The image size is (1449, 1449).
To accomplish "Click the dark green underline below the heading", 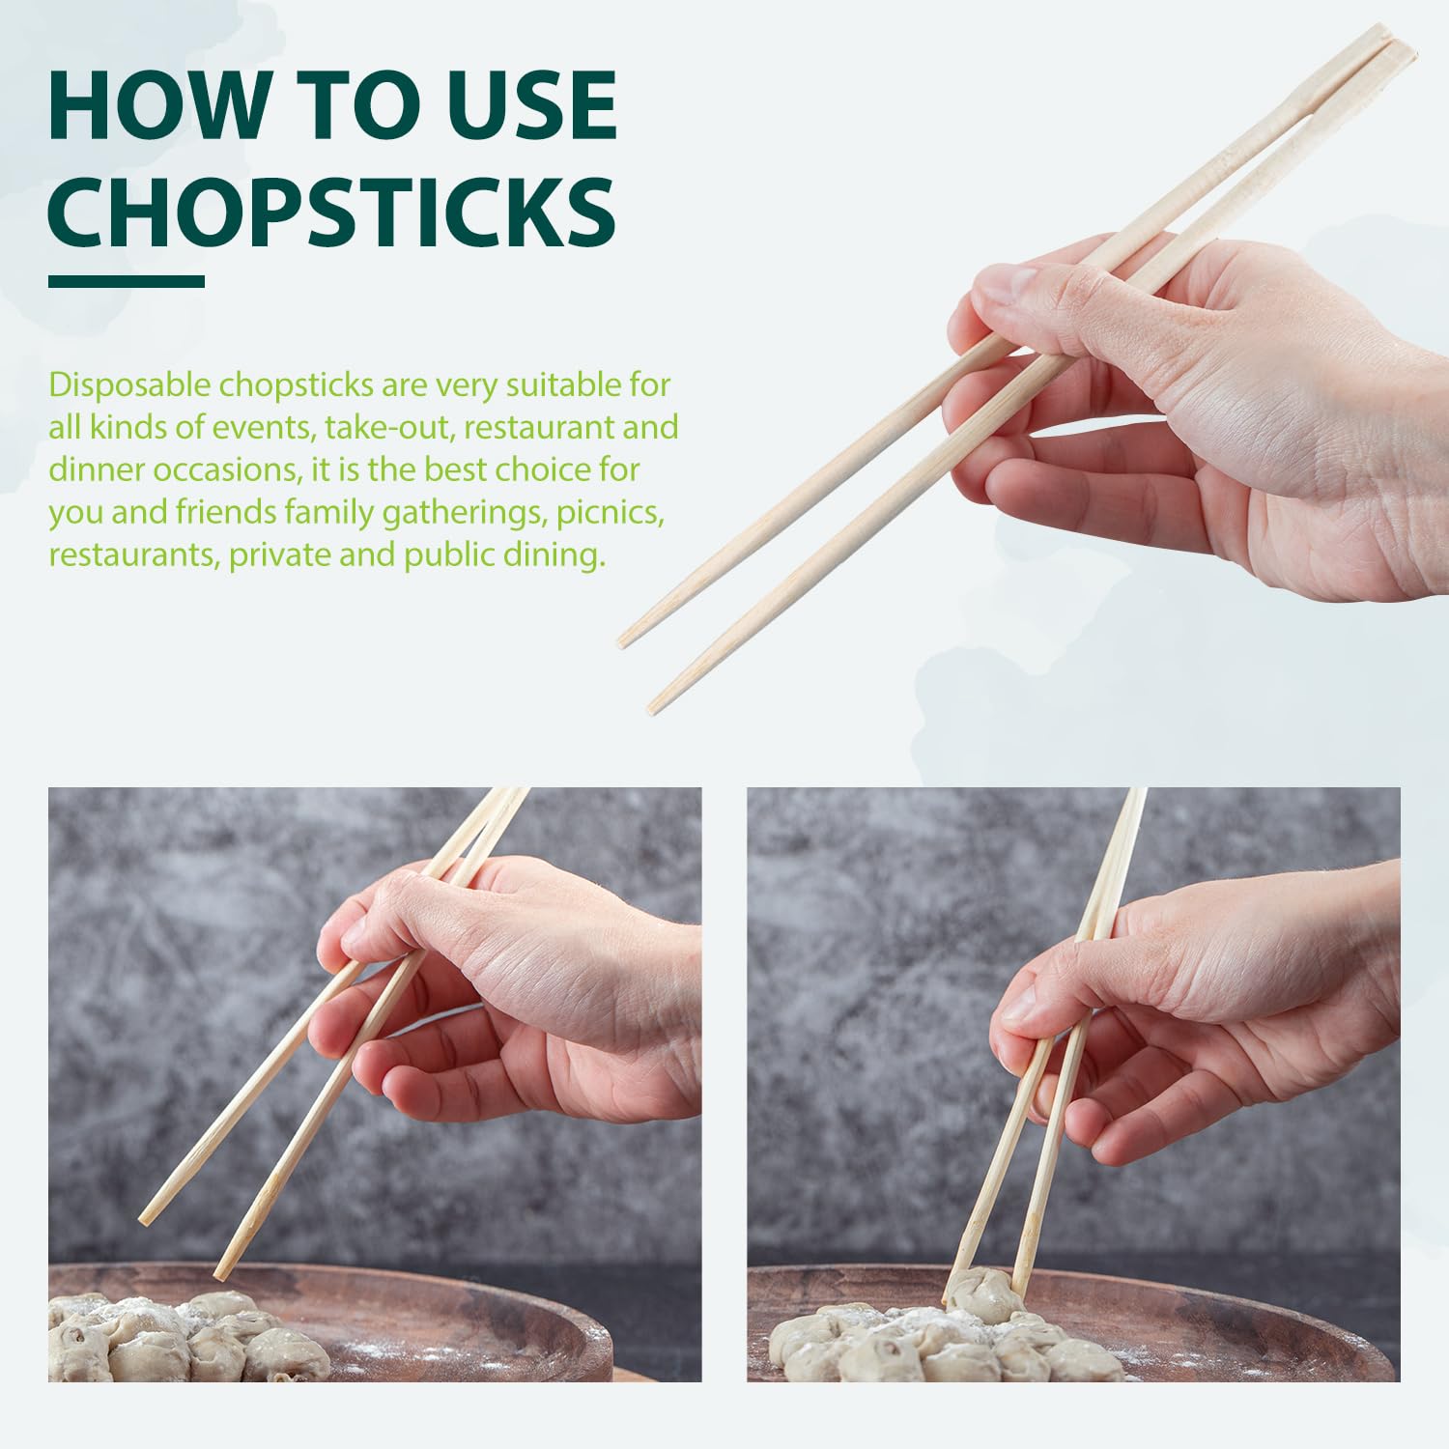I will click(127, 281).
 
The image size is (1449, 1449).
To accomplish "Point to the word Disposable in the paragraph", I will click(129, 385).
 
